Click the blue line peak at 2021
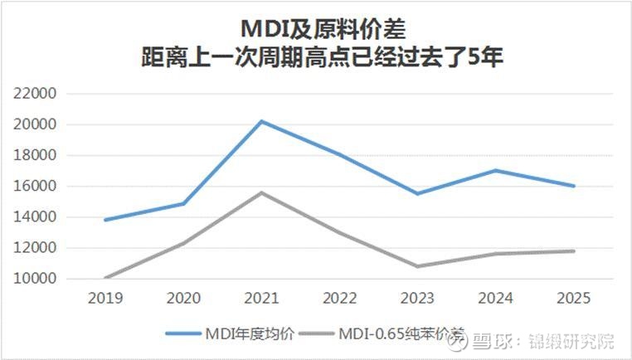pos(262,121)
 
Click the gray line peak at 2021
pos(262,192)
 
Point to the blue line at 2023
pos(418,193)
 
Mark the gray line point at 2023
pos(418,266)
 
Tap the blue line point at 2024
pos(496,170)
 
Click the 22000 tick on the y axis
pos(38,94)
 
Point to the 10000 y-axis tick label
pos(38,279)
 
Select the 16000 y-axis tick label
pos(38,187)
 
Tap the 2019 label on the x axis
pos(105,297)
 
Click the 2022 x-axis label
pos(340,297)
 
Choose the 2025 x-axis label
pos(574,297)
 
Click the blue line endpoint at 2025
pos(574,186)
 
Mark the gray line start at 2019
pos(106,278)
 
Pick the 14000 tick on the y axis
pos(38,217)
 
